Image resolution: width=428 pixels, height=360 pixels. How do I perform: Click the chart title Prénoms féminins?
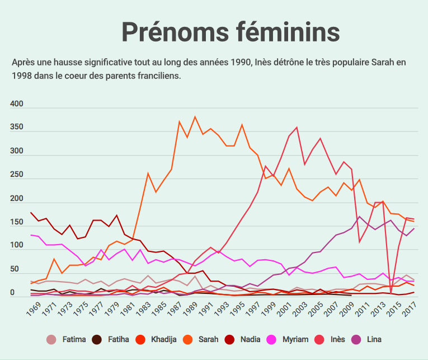(231, 32)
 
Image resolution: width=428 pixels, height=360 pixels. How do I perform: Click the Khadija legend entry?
(163, 339)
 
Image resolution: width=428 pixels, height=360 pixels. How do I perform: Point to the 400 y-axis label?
(17, 104)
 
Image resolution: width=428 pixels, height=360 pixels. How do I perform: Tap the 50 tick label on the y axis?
(15, 270)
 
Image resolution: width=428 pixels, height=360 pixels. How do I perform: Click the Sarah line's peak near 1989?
(195, 117)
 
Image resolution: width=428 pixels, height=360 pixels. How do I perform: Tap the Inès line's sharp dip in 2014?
(391, 292)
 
